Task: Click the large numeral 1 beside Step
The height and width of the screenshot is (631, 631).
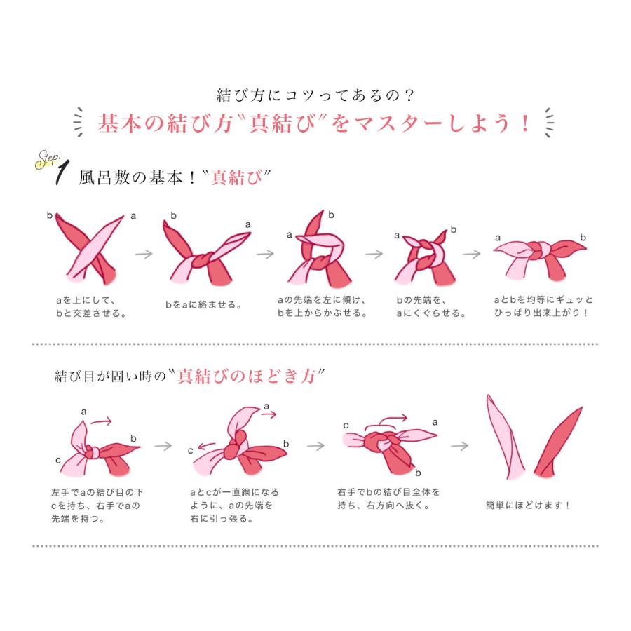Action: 62,173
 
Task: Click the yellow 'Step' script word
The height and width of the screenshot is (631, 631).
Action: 47,159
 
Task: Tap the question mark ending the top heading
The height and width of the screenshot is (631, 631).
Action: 409,95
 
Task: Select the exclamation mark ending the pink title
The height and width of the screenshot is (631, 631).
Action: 524,123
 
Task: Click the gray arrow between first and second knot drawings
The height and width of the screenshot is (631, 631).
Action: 144,254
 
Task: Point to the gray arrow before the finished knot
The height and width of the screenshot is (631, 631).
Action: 472,254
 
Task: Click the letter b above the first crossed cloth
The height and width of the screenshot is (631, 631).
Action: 50,215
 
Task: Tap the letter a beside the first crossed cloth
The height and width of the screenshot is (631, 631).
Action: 133,216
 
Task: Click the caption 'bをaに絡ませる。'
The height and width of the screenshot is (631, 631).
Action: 203,305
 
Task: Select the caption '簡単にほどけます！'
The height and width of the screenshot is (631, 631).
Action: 527,505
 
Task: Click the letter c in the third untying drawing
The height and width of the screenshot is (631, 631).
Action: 346,426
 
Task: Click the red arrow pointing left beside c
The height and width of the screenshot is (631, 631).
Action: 207,446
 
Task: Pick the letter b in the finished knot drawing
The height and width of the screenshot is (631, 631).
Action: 583,238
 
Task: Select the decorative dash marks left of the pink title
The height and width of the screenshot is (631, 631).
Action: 79,122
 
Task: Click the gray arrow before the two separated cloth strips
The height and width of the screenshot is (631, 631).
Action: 459,446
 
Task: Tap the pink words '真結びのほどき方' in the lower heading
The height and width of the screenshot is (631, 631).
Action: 246,376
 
